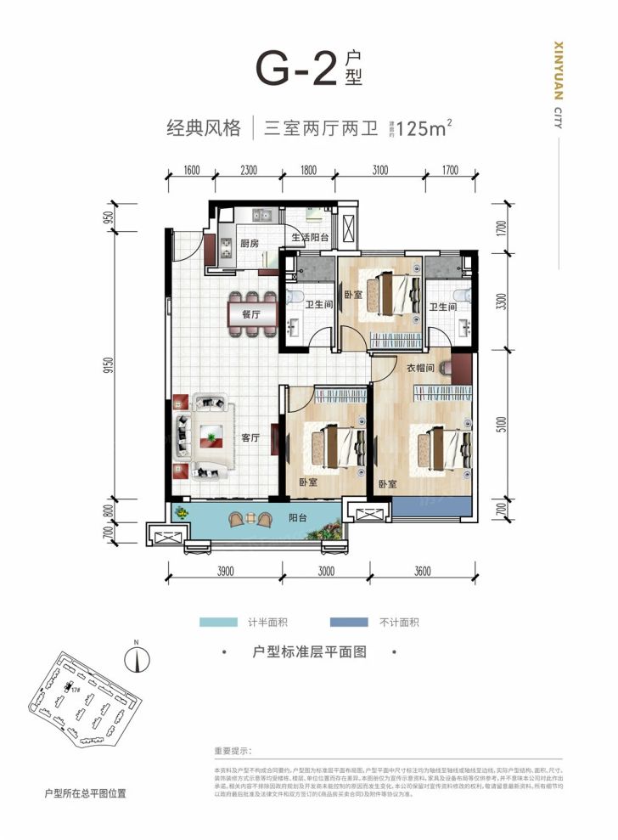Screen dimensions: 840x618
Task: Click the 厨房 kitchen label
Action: point(249,244)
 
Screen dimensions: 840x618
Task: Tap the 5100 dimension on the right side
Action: point(503,423)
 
